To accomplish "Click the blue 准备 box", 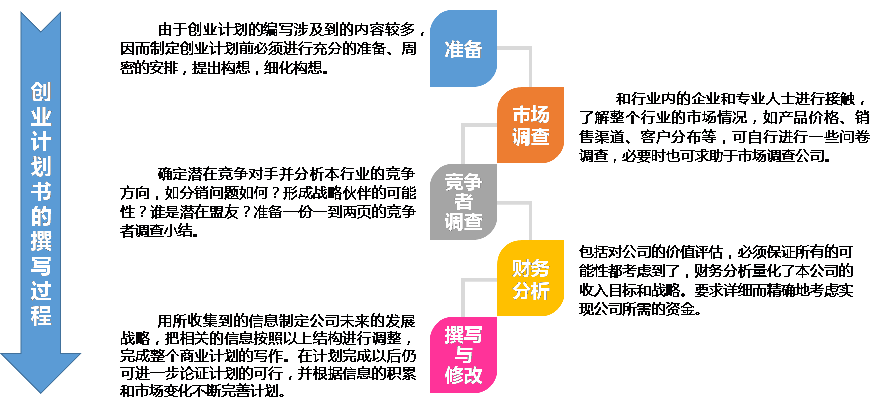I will (463, 48).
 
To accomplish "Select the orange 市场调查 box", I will (530, 125).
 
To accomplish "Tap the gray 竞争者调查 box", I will (463, 201).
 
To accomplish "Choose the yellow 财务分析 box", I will (530, 279).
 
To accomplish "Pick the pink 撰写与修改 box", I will (463, 355).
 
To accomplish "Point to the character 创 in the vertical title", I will (41, 92).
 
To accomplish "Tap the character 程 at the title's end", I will (41, 316).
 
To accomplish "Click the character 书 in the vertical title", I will (41, 192).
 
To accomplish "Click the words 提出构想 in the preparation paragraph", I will (221, 68).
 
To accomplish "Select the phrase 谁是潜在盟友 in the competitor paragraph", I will (194, 212).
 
